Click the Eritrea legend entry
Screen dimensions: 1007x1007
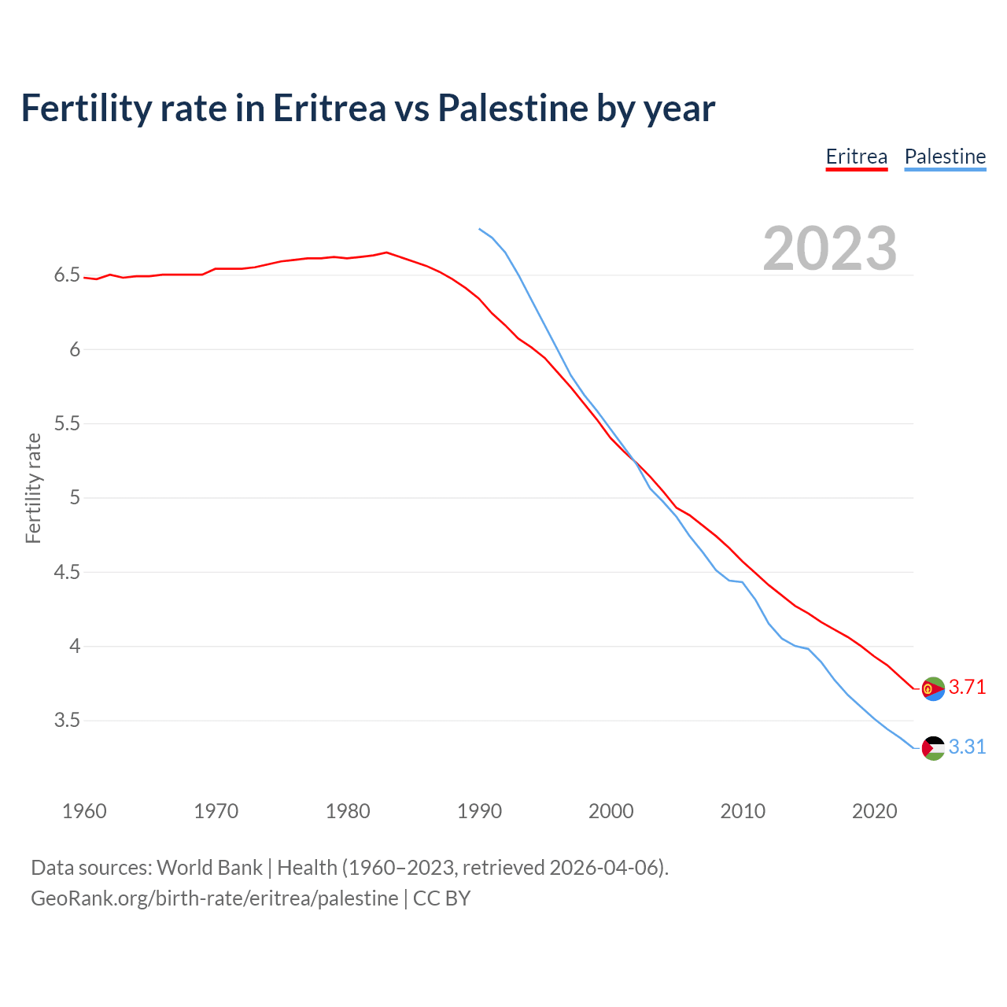point(856,157)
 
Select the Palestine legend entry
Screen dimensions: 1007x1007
point(945,157)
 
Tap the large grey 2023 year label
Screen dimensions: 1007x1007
point(830,249)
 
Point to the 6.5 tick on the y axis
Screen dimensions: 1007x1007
point(67,275)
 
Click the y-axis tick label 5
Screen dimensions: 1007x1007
point(75,498)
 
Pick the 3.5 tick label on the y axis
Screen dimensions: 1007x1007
point(67,721)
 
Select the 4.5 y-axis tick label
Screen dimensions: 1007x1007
point(67,572)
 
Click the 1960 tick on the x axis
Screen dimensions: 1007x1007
point(84,811)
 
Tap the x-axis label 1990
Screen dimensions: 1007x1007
point(479,811)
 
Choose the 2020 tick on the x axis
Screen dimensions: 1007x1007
point(874,811)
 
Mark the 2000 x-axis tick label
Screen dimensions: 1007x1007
point(610,811)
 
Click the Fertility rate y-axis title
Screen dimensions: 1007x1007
point(33,488)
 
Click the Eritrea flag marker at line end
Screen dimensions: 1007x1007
point(933,688)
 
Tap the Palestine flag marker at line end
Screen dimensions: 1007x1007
point(933,747)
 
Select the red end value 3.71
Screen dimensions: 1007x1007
point(967,687)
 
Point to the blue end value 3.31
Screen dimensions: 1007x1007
point(967,747)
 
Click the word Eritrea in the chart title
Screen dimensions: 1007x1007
point(329,108)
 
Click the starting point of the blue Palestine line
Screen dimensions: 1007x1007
point(479,229)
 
